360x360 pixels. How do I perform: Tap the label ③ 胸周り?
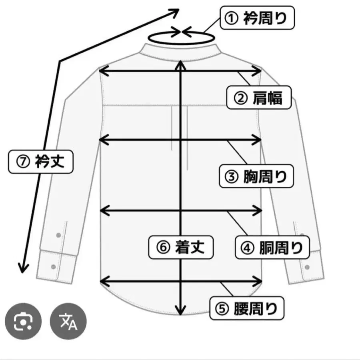pos(256,176)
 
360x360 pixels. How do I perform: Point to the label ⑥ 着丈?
pos(181,247)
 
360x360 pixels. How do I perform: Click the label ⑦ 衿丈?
pos(41,162)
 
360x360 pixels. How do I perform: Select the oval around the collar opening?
pos(181,38)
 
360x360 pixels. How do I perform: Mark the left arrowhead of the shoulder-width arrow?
pos(102,71)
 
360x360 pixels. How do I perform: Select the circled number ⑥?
pos(162,247)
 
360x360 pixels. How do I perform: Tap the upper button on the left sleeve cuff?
pos(58,234)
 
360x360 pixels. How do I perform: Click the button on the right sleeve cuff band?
pos(307,266)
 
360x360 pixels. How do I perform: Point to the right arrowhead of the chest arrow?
pos(258,140)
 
